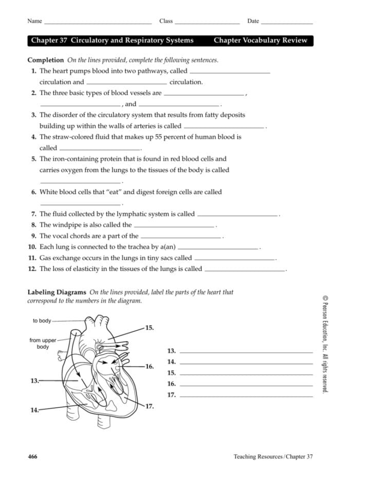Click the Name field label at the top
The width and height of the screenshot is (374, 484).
tap(34, 21)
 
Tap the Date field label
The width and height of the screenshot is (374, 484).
tap(253, 21)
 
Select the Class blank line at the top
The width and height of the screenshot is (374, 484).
tap(207, 23)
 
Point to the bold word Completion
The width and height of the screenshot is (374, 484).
tap(45, 60)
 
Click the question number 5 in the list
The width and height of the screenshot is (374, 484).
tap(33, 159)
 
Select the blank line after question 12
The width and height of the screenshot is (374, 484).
tap(245, 270)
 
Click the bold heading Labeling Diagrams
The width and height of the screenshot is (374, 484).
tap(57, 292)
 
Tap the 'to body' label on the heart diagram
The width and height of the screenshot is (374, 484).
tap(42, 321)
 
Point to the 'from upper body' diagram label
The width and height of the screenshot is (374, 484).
tap(43, 343)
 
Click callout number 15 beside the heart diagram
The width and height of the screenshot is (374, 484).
tap(149, 327)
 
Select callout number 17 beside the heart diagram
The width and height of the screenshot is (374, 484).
tap(149, 406)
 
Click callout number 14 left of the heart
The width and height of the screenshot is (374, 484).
tap(34, 411)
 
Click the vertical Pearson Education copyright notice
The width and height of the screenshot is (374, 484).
tap(324, 344)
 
